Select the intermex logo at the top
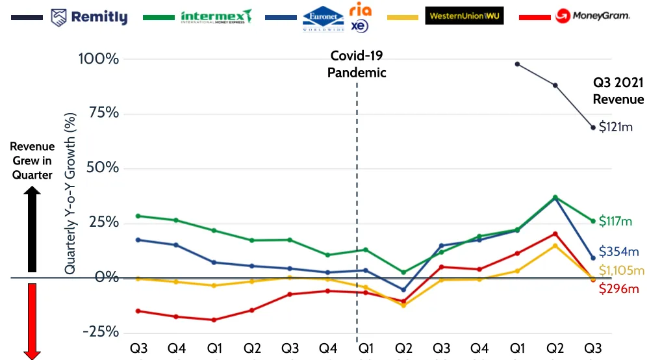(216, 16)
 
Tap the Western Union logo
(464, 16)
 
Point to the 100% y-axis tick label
(99, 59)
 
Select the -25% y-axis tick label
(101, 332)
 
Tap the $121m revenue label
(615, 127)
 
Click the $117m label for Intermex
(615, 222)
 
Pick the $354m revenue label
(618, 252)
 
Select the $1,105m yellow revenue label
(621, 271)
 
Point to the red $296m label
(619, 289)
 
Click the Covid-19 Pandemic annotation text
(357, 64)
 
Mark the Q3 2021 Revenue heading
(618, 91)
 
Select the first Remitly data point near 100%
(517, 64)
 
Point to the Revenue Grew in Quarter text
(32, 161)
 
